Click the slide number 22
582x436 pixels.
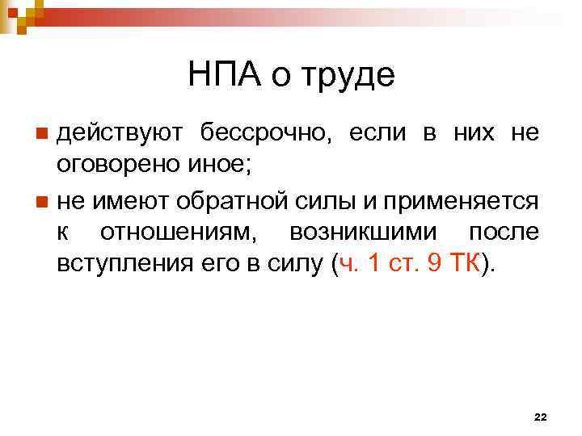tap(541, 417)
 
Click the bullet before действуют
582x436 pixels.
tap(42, 132)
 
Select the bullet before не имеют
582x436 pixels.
tap(42, 199)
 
